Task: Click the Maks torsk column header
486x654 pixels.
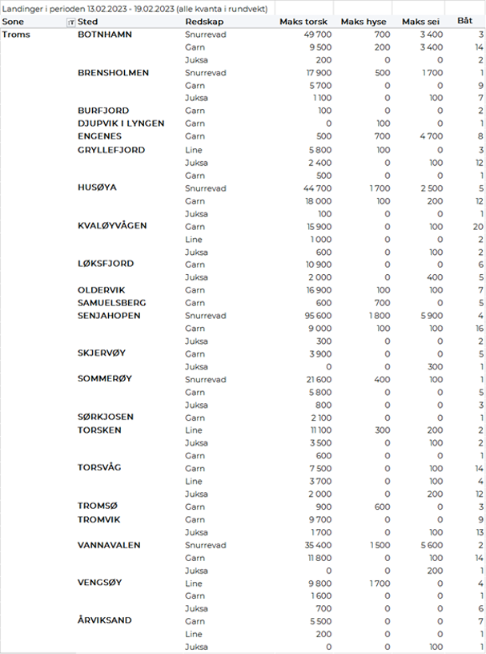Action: (x=303, y=22)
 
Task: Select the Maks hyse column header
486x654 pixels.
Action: (x=364, y=22)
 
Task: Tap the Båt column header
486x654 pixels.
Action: (x=464, y=22)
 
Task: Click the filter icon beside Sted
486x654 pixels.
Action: (x=70, y=22)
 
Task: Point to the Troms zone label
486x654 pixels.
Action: (x=16, y=34)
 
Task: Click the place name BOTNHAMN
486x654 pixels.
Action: (x=105, y=34)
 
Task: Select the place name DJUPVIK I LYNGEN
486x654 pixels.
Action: (x=121, y=123)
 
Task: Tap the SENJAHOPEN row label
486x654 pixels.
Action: (x=109, y=316)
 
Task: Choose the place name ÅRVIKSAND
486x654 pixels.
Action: (x=105, y=621)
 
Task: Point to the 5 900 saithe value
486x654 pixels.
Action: (x=431, y=316)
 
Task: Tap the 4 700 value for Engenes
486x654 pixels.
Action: (x=431, y=136)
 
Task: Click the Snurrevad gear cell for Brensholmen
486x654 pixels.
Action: (x=205, y=73)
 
